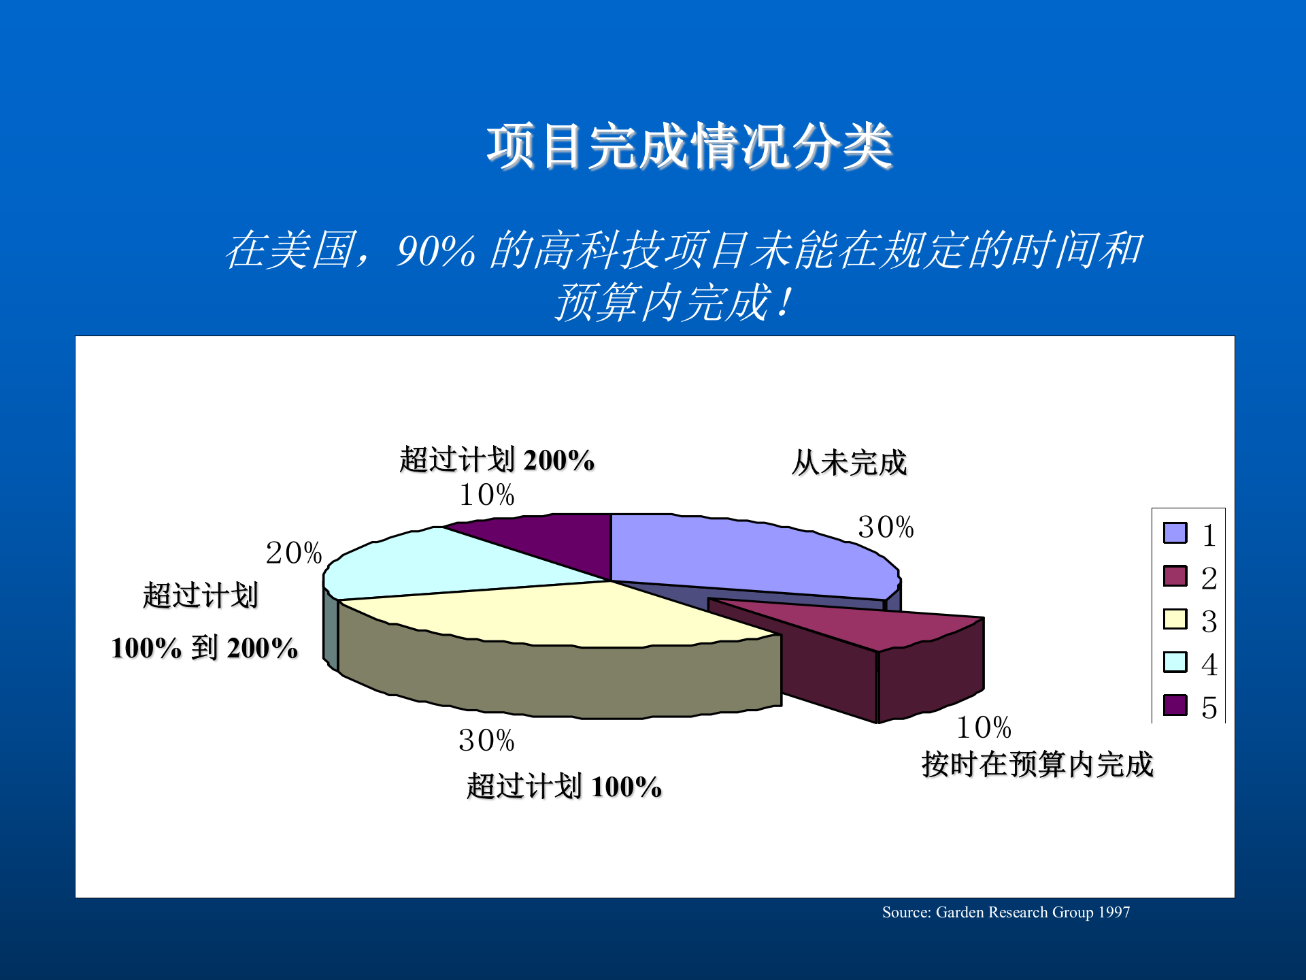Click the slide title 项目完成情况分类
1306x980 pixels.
(x=689, y=146)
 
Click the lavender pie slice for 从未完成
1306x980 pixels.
(x=741, y=555)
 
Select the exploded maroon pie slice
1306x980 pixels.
(x=877, y=623)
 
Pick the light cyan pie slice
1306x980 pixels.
(x=435, y=565)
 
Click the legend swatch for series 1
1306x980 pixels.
(x=1175, y=533)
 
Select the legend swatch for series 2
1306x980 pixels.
(x=1175, y=576)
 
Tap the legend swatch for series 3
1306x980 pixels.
(x=1175, y=619)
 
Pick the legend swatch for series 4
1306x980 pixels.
(x=1175, y=662)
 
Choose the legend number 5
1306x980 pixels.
(x=1209, y=707)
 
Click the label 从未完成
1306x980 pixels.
(x=849, y=463)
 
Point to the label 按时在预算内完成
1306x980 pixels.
(x=1037, y=764)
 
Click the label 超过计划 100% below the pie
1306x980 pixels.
(x=564, y=787)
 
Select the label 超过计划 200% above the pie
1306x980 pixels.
(x=497, y=460)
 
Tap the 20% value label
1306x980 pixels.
(x=294, y=553)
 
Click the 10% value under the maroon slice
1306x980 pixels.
(x=984, y=728)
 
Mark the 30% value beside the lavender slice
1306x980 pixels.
(x=886, y=527)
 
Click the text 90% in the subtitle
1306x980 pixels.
(x=436, y=250)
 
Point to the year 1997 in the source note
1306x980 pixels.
(x=1114, y=912)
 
